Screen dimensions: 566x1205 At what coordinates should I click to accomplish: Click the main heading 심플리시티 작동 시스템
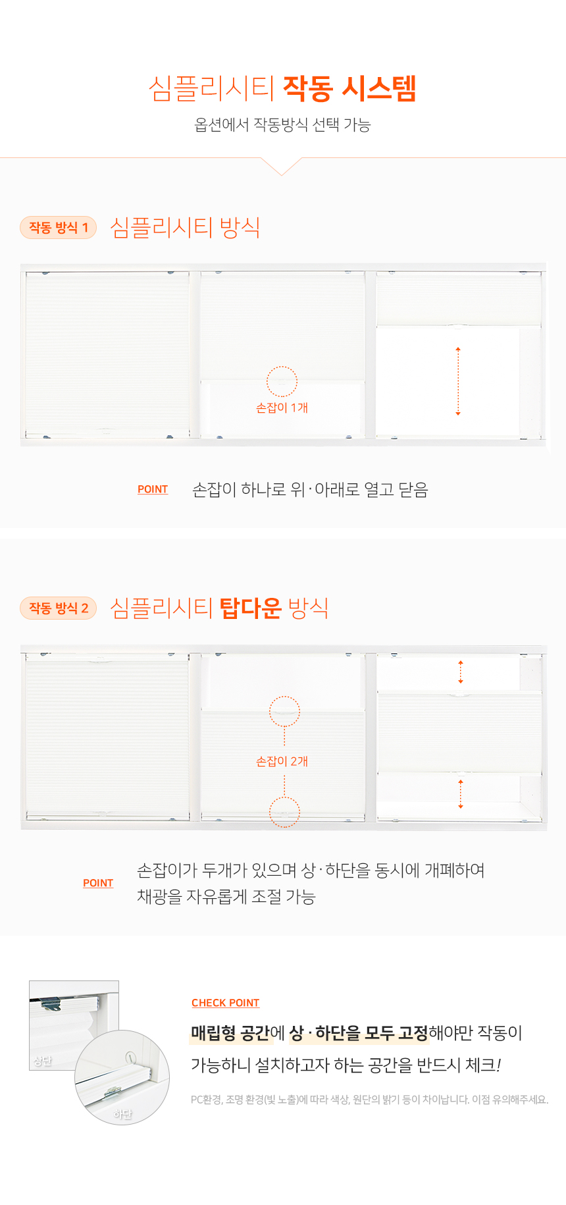coord(282,88)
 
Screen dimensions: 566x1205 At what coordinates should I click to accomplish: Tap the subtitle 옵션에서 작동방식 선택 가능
coord(282,124)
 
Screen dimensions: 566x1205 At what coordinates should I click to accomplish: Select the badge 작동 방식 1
coord(59,228)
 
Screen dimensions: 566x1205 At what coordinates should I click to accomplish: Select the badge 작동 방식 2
coord(59,608)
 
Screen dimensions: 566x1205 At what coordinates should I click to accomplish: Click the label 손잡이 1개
coord(282,408)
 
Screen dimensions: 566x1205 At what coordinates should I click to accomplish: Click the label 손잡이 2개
coord(282,762)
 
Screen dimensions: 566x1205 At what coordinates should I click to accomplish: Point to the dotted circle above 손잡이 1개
coord(282,367)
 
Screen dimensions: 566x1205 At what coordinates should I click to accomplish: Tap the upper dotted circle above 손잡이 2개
coord(284,697)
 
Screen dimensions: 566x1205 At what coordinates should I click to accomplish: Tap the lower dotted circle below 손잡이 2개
coord(284,796)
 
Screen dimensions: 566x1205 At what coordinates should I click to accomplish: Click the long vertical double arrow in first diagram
coord(458,381)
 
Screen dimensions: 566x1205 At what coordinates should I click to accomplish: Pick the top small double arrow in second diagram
coord(461,672)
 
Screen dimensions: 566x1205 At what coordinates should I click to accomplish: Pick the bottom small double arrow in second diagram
coord(461,794)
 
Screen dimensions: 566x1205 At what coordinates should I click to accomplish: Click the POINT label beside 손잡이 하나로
coord(153,490)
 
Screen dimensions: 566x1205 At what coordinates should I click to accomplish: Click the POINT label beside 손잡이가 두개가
coord(98,884)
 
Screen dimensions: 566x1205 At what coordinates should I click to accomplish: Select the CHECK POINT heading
coord(226,1004)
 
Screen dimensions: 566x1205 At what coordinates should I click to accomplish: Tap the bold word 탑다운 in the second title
coord(250,608)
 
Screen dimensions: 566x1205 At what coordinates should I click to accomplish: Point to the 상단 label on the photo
coord(43,1061)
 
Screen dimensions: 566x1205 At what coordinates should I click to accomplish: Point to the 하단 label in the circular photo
coord(122,1114)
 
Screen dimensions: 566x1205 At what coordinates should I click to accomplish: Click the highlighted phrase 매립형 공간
coord(230,1033)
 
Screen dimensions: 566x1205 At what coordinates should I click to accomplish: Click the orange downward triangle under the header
coord(282,167)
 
